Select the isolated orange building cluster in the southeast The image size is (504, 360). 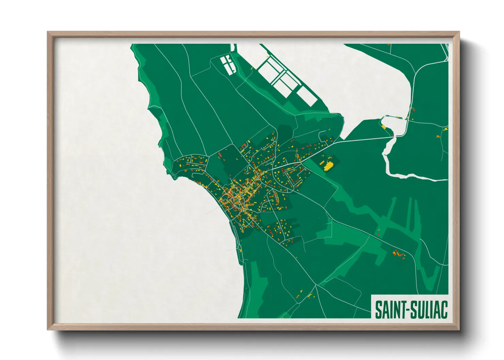(x=398, y=254)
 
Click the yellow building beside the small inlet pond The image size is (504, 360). (x=383, y=127)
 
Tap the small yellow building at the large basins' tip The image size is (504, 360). (x=268, y=56)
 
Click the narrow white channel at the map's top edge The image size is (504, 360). (x=234, y=48)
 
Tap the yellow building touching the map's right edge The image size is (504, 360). (x=446, y=129)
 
